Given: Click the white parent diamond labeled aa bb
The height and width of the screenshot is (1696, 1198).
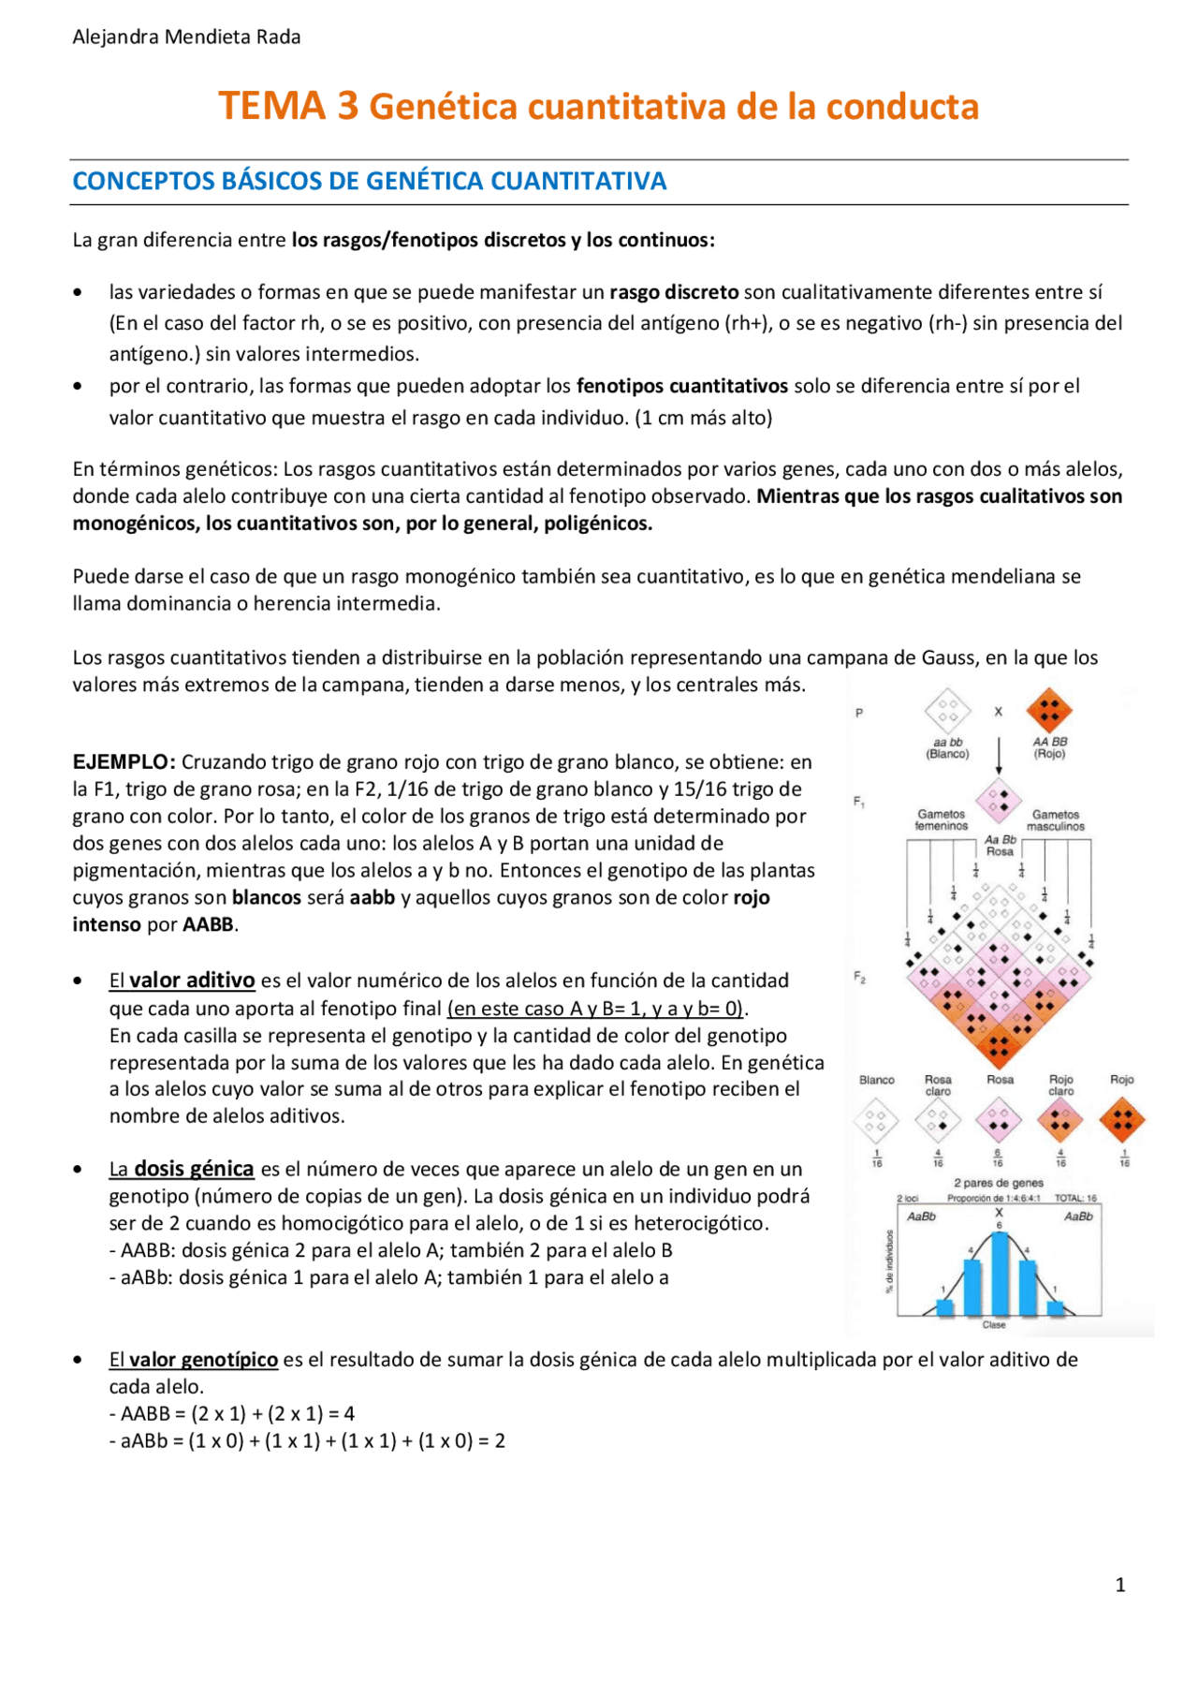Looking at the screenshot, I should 947,711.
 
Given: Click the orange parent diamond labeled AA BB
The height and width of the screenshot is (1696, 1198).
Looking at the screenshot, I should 1049,711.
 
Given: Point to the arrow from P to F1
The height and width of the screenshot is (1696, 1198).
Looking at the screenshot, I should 999,755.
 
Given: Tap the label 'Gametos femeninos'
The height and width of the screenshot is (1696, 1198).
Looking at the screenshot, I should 942,820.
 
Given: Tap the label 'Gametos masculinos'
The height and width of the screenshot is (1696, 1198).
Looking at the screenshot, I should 1056,820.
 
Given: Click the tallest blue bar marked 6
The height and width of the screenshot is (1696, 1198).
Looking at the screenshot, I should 1000,1274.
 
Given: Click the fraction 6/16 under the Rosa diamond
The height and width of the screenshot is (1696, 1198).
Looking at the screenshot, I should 999,1158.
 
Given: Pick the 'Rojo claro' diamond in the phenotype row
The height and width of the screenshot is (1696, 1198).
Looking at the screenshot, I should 1060,1120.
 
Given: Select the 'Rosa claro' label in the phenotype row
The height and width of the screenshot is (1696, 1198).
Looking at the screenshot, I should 938,1085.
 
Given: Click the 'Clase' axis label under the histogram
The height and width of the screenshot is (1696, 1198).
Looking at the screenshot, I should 994,1324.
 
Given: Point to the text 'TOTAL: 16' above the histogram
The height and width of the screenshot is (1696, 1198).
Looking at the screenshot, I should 1075,1198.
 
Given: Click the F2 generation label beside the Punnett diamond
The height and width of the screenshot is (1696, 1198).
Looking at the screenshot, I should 859,977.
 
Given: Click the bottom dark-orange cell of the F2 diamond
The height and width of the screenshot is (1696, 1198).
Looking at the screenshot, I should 999,1046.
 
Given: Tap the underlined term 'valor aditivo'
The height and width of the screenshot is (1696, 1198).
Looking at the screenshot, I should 191,981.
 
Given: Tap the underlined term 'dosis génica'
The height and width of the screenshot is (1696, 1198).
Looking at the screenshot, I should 194,1169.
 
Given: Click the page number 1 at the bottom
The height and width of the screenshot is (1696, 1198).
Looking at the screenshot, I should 1119,1585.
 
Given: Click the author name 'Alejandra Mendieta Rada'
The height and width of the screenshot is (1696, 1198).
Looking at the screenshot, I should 186,37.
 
